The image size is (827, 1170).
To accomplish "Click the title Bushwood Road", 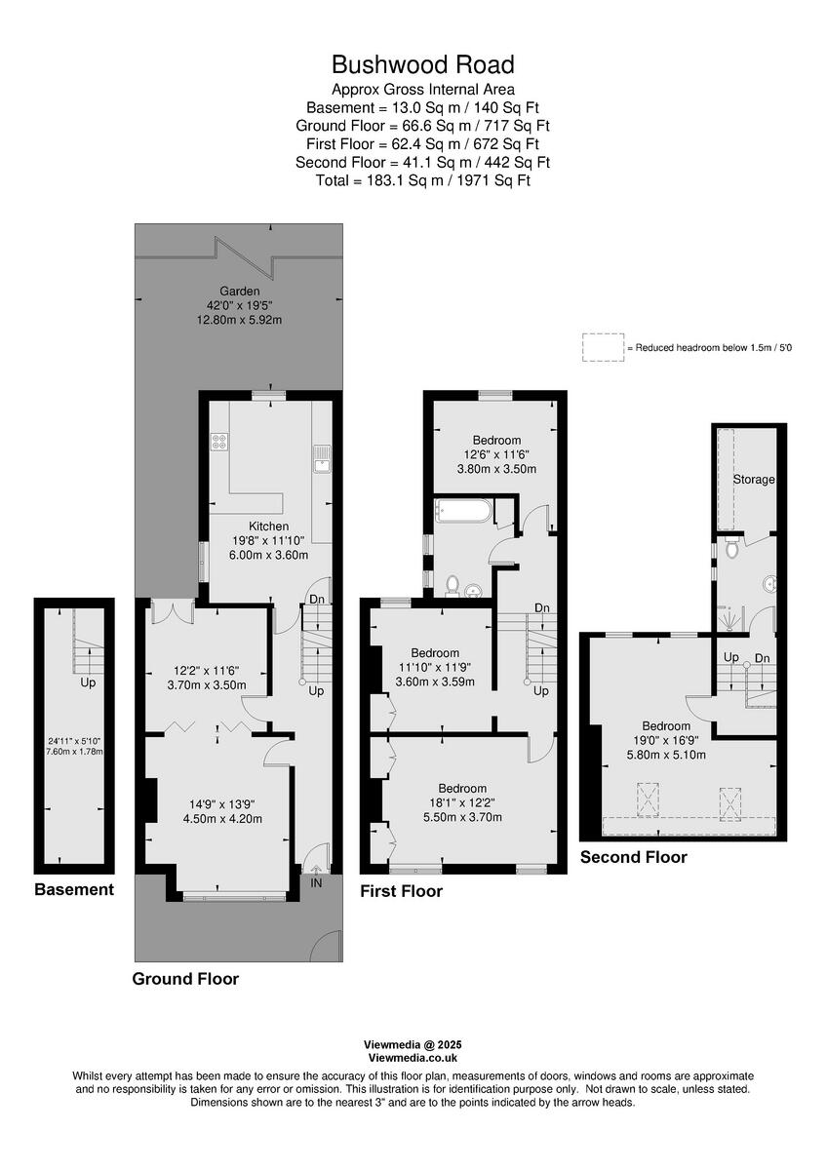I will (422, 65).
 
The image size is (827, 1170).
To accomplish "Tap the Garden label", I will (239, 291).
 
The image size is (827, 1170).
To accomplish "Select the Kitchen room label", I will (241, 526).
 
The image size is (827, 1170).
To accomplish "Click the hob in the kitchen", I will (219, 442).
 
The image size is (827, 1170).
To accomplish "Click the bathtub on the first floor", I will (463, 509).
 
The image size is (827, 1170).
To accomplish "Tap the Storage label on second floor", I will (754, 480).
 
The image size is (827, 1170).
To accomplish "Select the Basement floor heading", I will (74, 889).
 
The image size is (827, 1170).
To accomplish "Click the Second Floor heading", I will (633, 857).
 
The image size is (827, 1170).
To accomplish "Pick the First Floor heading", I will (401, 891).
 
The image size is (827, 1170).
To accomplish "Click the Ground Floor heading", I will (185, 979).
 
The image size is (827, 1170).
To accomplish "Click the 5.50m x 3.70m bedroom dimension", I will (462, 817).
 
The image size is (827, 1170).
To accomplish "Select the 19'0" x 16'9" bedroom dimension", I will (666, 740).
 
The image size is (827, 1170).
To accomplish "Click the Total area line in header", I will (422, 179).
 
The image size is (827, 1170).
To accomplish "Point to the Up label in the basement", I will (88, 682).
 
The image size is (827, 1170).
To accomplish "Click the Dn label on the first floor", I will (541, 608).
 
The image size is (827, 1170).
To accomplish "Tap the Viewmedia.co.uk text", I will (413, 1057).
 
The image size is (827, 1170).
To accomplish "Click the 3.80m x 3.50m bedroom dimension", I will (496, 469).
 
